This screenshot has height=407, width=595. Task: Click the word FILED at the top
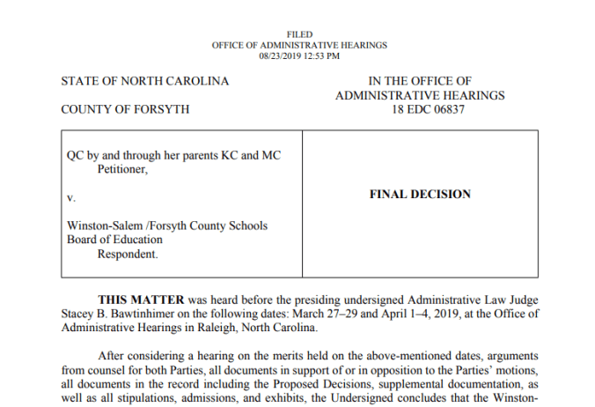pos(299,34)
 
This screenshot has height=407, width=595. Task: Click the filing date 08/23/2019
pos(277,55)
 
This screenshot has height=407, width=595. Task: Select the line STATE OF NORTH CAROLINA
pos(144,81)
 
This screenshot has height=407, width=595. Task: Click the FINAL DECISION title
pos(420,195)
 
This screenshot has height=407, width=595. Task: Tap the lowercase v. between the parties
pos(71,198)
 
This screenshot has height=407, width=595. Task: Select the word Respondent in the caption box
pos(127,254)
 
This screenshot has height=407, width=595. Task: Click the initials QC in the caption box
pos(76,155)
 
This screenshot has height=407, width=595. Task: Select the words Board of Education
pos(114,240)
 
